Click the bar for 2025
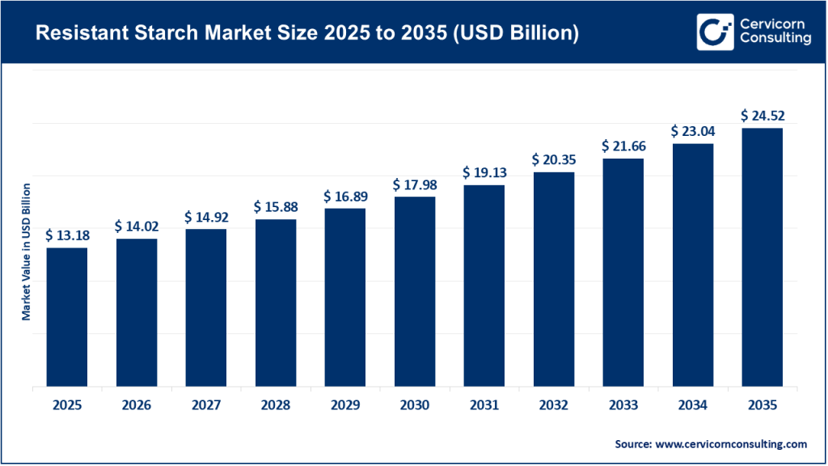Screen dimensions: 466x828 tap(67, 317)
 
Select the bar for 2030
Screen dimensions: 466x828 tap(415, 291)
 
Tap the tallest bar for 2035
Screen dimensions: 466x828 tap(762, 257)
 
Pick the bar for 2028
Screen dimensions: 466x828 tap(276, 303)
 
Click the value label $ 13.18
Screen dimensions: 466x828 tap(67, 235)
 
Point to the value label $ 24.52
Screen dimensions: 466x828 tap(762, 116)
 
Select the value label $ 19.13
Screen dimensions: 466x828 tap(484, 173)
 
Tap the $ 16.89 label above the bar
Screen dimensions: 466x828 tap(345, 197)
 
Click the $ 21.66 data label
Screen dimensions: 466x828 tap(623, 146)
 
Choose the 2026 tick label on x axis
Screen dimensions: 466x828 tap(137, 405)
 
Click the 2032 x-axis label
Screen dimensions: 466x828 tap(553, 405)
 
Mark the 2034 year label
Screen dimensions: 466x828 tap(692, 405)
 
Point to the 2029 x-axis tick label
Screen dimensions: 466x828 tap(345, 405)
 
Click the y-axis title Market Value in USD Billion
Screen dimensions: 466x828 tap(26, 252)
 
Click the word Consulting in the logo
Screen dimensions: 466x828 tap(774, 40)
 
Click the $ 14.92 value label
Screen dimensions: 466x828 tap(206, 217)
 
